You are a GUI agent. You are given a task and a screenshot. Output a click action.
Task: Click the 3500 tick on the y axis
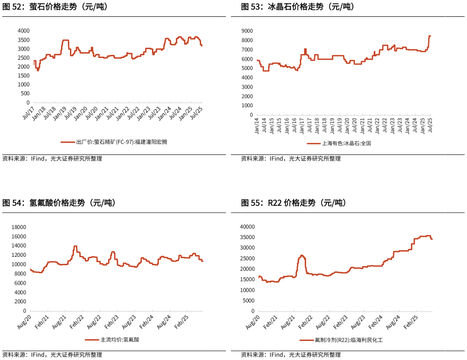(23, 40)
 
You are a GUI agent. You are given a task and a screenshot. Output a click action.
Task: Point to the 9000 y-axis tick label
(247, 31)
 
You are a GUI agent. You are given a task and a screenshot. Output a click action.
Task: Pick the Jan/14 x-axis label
(257, 126)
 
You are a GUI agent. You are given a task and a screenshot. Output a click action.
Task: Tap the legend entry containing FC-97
(122, 142)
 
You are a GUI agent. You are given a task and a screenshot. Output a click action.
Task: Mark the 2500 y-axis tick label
(23, 58)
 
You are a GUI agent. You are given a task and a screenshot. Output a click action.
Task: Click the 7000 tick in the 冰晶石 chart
(247, 50)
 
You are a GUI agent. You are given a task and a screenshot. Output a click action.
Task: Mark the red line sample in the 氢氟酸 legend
(92, 340)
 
